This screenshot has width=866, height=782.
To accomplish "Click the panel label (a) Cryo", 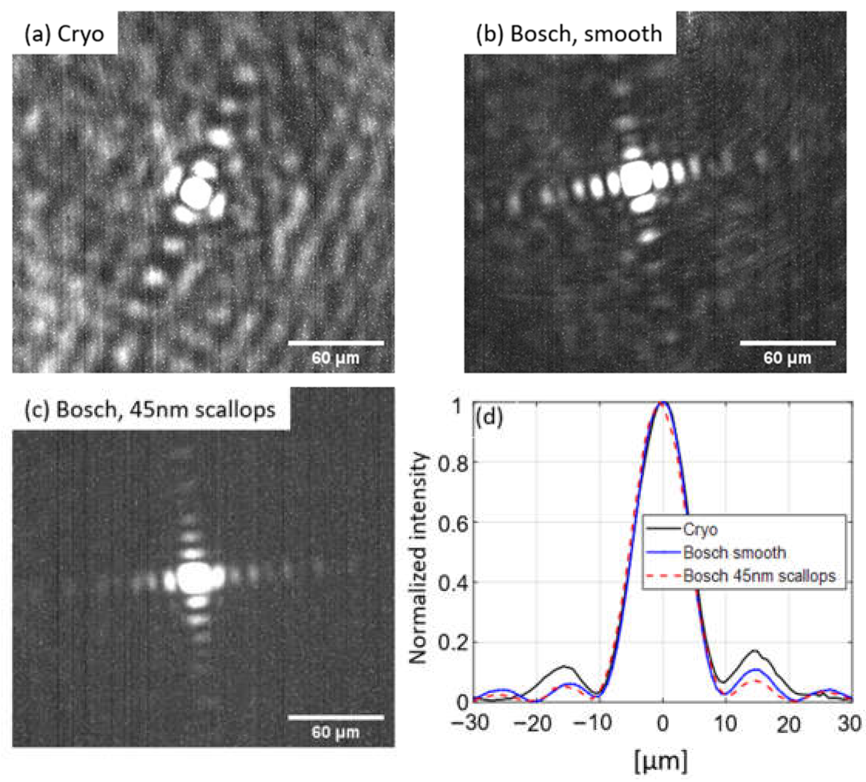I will tap(64, 34).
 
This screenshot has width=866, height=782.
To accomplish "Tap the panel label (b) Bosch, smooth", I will tap(569, 34).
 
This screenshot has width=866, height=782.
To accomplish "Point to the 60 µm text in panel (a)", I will tap(336, 358).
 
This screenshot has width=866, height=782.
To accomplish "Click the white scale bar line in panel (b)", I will tap(787, 343).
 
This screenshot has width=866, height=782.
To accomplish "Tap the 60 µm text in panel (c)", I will tap(336, 732).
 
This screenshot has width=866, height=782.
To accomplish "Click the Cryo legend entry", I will tap(700, 529).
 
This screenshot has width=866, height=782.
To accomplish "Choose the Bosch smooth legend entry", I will tap(735, 553).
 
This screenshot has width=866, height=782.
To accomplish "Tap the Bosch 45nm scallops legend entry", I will tap(759, 576).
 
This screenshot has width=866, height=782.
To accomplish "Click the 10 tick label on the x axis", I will tap(725, 724).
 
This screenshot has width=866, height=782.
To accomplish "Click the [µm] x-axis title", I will tap(661, 761).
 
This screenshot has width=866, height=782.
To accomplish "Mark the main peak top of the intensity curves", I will tap(663, 403).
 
